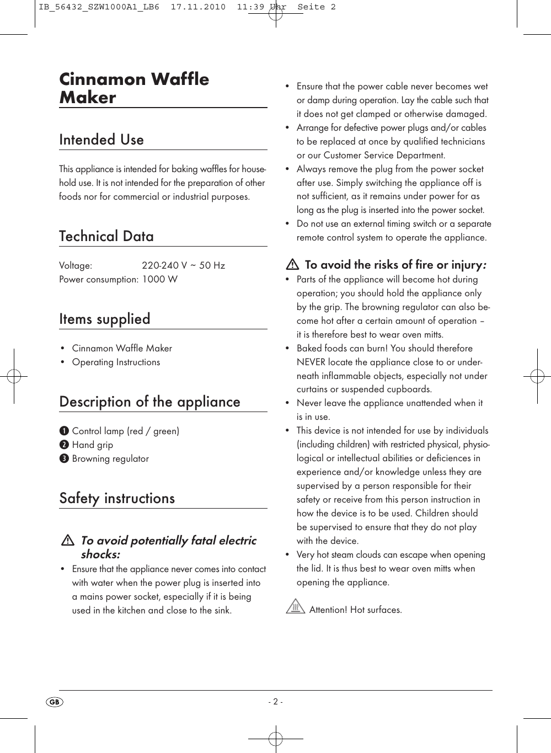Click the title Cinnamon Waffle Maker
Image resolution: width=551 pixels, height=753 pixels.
[134, 88]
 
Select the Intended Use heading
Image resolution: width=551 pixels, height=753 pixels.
[101, 140]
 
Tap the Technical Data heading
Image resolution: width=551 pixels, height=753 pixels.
[106, 236]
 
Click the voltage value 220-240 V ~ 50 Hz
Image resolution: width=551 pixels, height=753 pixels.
[183, 265]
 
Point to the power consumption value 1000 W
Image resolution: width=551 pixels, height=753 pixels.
[160, 279]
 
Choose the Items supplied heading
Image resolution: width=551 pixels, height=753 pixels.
[105, 319]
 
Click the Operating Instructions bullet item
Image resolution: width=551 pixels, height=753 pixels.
[116, 362]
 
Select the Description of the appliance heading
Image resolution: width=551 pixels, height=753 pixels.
[149, 402]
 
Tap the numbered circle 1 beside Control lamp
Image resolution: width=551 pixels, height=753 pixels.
[64, 431]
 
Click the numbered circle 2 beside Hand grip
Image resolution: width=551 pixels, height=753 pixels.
[64, 445]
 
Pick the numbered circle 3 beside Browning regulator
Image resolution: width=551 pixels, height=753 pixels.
[64, 458]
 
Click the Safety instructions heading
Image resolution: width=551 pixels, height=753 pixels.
[117, 498]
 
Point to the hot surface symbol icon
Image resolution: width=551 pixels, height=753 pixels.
[296, 607]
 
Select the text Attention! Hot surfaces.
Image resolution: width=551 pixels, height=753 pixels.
[355, 610]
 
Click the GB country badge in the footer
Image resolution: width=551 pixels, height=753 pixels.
[54, 702]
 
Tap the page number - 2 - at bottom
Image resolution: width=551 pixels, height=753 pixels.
[275, 702]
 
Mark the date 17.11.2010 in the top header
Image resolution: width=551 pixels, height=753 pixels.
[198, 7]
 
